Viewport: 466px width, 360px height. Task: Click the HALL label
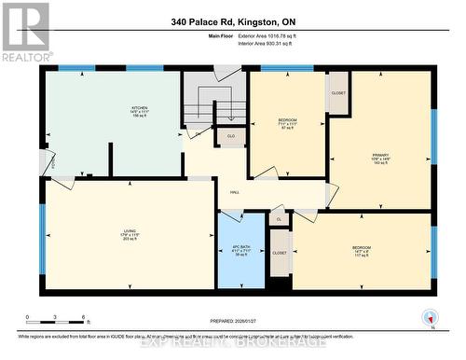pos(236,193)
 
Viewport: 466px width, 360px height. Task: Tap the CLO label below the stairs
pos(230,136)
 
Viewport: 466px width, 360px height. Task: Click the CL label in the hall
pos(279,219)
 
